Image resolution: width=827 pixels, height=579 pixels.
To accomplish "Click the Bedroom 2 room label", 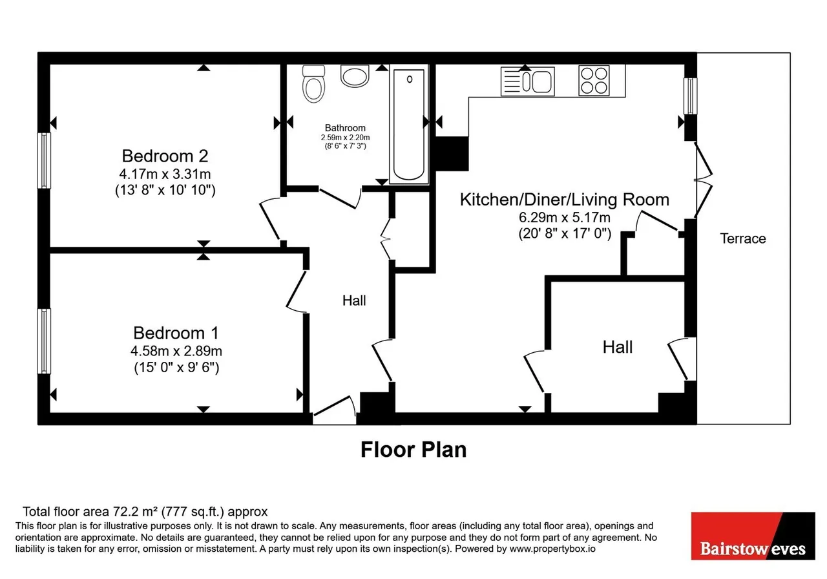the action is [165, 156].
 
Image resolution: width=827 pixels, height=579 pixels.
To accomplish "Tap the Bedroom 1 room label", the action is [176, 333].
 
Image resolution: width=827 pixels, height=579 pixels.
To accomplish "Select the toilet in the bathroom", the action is [313, 84].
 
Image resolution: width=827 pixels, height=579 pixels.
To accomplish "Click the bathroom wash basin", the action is [355, 76].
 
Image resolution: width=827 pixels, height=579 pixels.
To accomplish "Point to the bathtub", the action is [409, 125].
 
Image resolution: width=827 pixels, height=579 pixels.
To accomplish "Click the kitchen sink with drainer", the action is [528, 81].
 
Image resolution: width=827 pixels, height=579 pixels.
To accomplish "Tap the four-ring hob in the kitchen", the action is [594, 81].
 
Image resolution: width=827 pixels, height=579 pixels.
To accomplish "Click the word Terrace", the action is [743, 238].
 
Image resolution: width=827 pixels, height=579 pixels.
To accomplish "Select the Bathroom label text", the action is [345, 128].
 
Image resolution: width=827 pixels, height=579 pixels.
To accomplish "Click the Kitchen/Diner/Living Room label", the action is [565, 200].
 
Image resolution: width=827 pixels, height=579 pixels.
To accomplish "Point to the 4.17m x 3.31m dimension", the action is [165, 174].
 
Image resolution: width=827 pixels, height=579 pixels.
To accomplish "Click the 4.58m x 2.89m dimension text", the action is [176, 350].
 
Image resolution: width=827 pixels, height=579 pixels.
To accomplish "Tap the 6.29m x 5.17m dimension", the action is [565, 217].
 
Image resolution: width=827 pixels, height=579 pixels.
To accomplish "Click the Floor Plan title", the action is [413, 449].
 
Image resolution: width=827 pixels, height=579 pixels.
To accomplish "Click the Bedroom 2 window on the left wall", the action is [44, 161].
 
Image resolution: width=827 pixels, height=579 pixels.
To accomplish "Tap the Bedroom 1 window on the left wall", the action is [44, 341].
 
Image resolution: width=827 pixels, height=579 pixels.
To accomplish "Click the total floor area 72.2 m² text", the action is [145, 511].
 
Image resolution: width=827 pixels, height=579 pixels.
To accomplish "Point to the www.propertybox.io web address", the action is [552, 549].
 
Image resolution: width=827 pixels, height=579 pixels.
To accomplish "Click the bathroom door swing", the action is [340, 198].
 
